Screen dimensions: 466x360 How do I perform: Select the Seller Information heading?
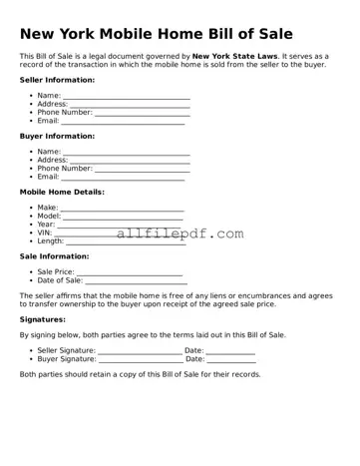pyautogui.click(x=58, y=80)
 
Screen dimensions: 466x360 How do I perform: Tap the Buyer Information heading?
pyautogui.click(x=58, y=136)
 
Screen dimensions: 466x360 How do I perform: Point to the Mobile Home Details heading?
pyautogui.click(x=62, y=192)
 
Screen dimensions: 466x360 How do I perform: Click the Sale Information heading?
pyautogui.click(x=55, y=255)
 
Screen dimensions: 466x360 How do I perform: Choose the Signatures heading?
pyautogui.click(x=43, y=319)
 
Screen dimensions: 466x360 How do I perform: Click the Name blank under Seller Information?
pyautogui.click(x=126, y=97)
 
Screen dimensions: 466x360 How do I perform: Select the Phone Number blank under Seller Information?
pyautogui.click(x=142, y=113)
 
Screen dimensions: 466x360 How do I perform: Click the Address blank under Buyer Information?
pyautogui.click(x=129, y=161)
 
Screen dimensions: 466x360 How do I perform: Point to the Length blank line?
pyautogui.click(x=126, y=241)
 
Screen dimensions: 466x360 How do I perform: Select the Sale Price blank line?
pyautogui.click(x=130, y=272)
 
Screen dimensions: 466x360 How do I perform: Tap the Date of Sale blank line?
pyautogui.click(x=136, y=280)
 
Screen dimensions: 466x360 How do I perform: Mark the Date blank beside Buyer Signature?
pyautogui.click(x=230, y=359)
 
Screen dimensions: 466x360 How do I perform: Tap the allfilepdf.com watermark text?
pyautogui.click(x=180, y=233)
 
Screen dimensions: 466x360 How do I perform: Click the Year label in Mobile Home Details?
pyautogui.click(x=46, y=225)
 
